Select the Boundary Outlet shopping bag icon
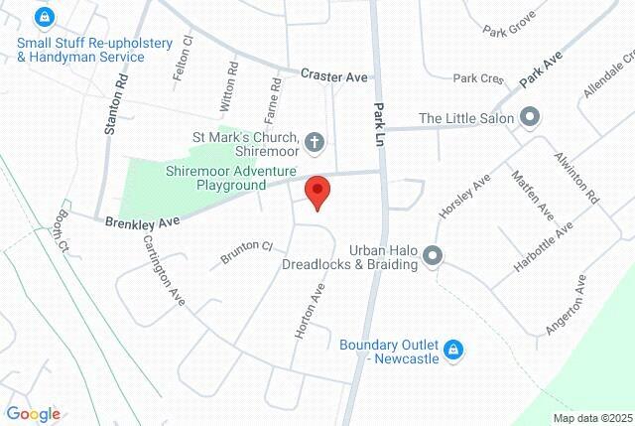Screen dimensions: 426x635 pos(452,350)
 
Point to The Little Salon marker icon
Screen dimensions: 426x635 pos(530,118)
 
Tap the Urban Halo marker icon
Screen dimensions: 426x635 pos(432,257)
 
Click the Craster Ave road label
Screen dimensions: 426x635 pos(334,76)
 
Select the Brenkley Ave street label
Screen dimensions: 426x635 pos(142,215)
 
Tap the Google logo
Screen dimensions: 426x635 pos(32,414)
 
